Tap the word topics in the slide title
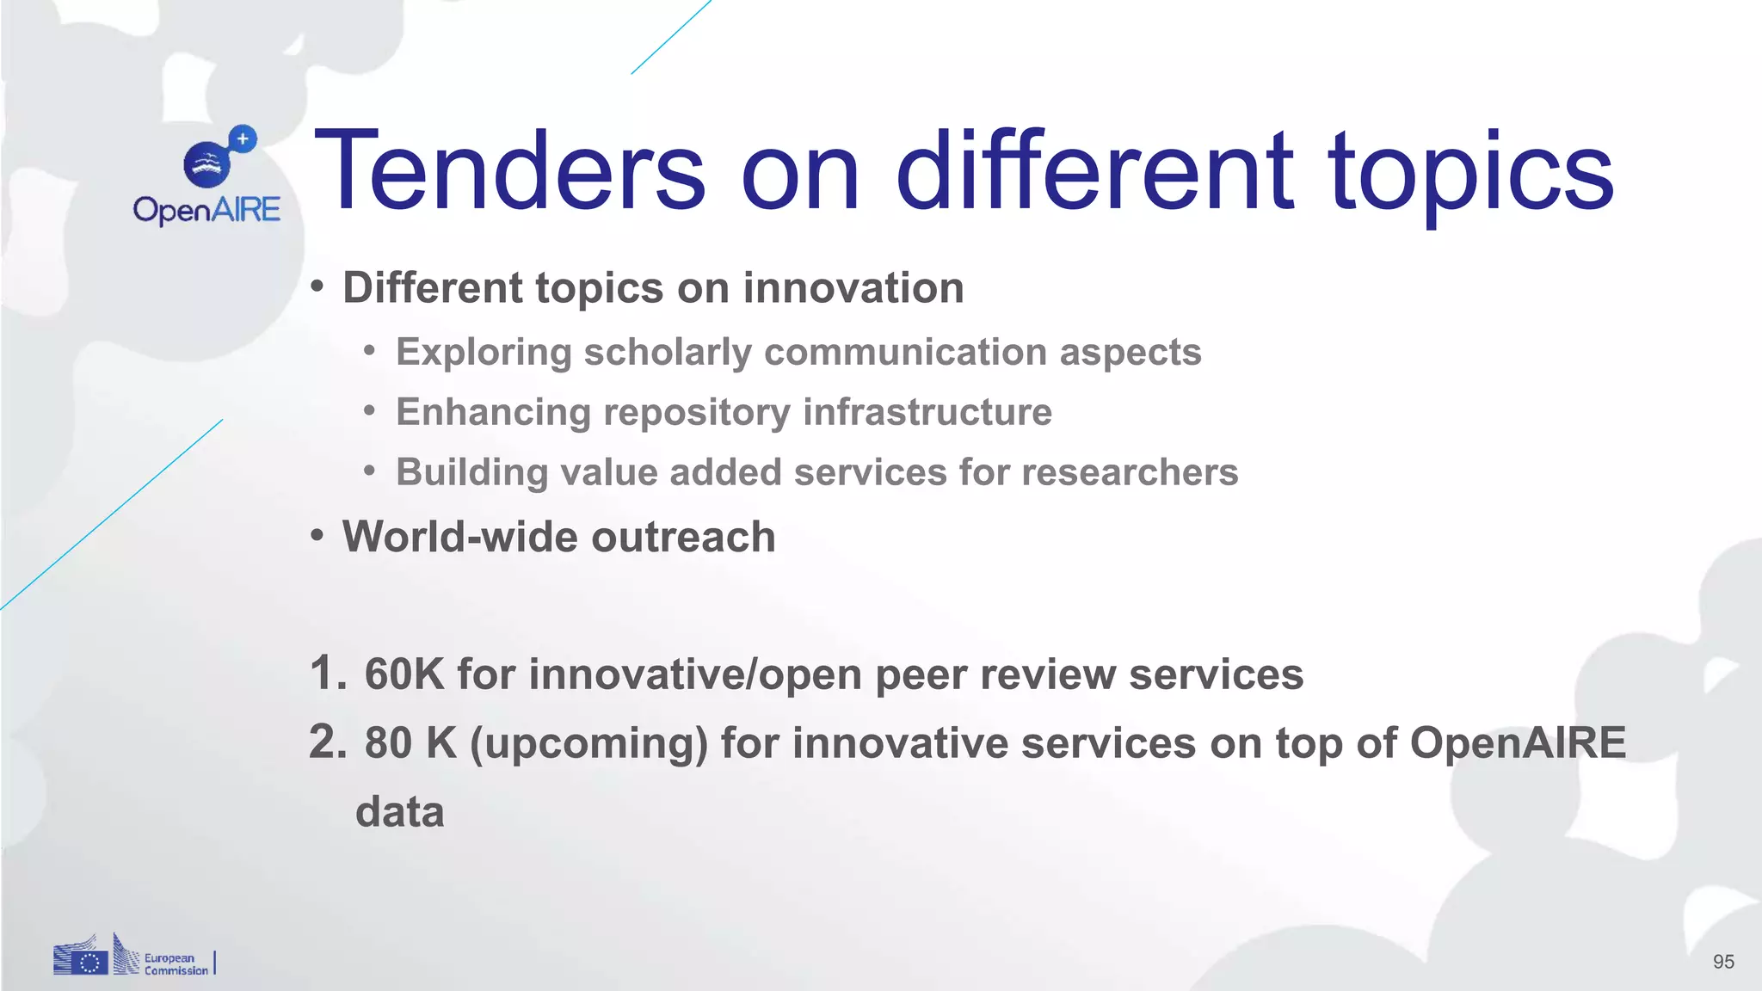coord(1470,172)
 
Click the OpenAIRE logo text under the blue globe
coord(206,210)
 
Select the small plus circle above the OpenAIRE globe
coord(243,138)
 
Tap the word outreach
coord(683,537)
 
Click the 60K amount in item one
coord(404,674)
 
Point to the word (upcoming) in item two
coord(588,744)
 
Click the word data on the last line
coord(399,812)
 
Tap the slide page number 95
coord(1723,962)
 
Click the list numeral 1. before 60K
coord(328,674)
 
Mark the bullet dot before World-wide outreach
coord(317,537)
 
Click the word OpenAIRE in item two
coord(1518,742)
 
